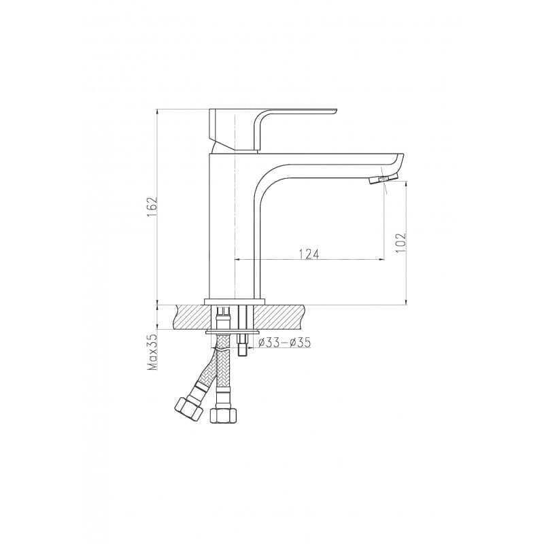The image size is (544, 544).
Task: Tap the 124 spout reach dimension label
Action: click(309, 254)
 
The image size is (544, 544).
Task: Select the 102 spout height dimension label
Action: click(401, 242)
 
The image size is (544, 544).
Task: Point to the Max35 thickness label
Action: click(152, 353)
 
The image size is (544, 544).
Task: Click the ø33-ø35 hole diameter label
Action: click(285, 343)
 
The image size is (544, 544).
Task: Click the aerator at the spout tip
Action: click(384, 180)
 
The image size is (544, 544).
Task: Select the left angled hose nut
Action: click(188, 407)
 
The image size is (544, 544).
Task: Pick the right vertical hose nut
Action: click(224, 415)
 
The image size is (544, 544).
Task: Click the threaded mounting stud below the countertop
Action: click(243, 345)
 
